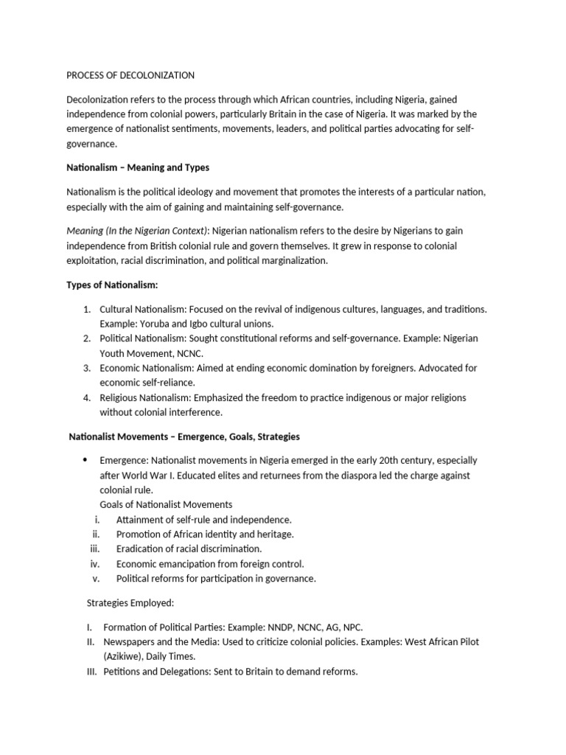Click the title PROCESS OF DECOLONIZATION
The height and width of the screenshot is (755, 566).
(130, 75)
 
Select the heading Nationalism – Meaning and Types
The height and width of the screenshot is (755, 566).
(138, 167)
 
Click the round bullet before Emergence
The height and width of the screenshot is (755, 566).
(85, 460)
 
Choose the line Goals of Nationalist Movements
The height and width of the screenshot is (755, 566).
(166, 505)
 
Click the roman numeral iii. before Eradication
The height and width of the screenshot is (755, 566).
(94, 549)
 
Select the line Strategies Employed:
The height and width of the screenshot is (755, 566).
(130, 603)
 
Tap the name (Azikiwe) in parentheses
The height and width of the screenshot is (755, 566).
(126, 656)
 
